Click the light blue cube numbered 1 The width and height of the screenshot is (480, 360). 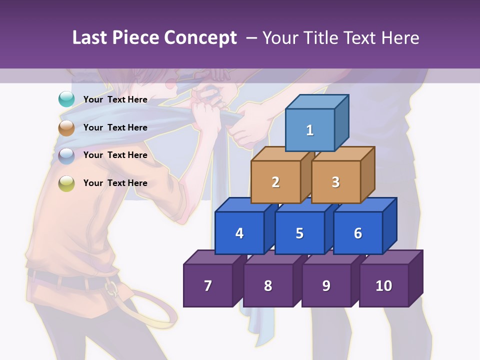coord(310,130)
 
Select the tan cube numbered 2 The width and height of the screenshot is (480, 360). coord(275,182)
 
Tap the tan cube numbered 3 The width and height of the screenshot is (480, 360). coord(335,182)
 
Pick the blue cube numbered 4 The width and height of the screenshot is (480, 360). coord(239,233)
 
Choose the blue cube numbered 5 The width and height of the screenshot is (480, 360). coord(299,233)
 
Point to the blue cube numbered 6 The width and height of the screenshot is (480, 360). coord(358,233)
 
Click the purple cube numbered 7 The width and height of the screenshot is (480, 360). coord(208,285)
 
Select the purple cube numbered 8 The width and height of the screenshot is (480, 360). coord(268,285)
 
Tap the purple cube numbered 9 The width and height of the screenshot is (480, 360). coord(326,285)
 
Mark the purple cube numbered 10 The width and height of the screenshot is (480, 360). coord(383,285)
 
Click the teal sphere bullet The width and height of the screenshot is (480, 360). coord(66,99)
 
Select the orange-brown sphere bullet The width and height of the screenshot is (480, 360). coord(66,128)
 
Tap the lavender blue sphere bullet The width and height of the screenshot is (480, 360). coord(66,156)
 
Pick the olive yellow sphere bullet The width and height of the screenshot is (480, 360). coord(66,183)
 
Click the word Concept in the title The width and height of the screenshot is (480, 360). coord(200,38)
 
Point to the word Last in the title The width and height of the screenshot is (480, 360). coord(90,38)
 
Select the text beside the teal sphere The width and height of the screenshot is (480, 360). coord(115,99)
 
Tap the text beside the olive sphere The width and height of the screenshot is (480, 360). coord(115,183)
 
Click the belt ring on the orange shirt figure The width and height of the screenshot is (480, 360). coord(112,288)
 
